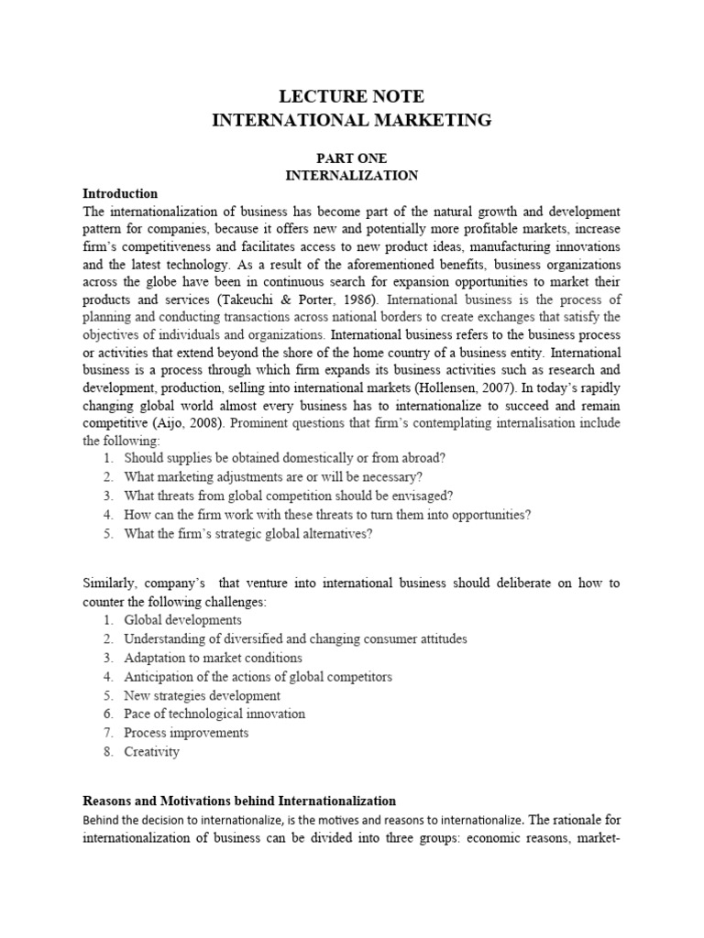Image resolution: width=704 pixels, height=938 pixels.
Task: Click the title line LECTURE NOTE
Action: pyautogui.click(x=352, y=97)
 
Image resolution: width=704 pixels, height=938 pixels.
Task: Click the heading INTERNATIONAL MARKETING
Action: pyautogui.click(x=352, y=120)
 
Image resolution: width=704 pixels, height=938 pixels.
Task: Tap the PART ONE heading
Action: pyautogui.click(x=352, y=158)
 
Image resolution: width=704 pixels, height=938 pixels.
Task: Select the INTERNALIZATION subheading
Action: pyautogui.click(x=352, y=175)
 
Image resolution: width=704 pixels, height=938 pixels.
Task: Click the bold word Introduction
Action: pyautogui.click(x=120, y=193)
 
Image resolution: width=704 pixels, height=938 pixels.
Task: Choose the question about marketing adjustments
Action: pyautogui.click(x=272, y=476)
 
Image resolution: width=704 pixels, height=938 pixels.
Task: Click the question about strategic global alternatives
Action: pyautogui.click(x=248, y=534)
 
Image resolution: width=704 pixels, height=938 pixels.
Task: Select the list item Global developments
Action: pyautogui.click(x=183, y=619)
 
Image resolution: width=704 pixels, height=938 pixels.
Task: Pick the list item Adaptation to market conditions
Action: pyautogui.click(x=213, y=658)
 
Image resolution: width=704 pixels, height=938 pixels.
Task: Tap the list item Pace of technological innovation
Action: pyautogui.click(x=214, y=714)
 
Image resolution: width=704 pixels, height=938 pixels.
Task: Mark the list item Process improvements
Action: pyautogui.click(x=186, y=733)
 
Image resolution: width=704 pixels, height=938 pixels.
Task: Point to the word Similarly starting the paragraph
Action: pyautogui.click(x=111, y=583)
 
